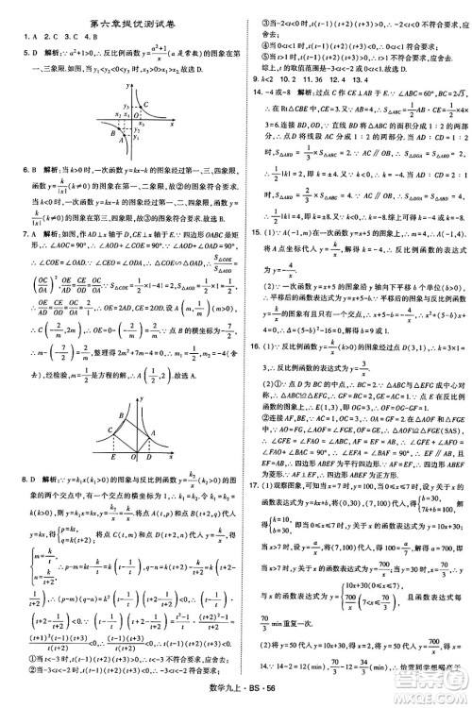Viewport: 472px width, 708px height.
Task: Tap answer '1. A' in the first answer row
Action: click(14, 39)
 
